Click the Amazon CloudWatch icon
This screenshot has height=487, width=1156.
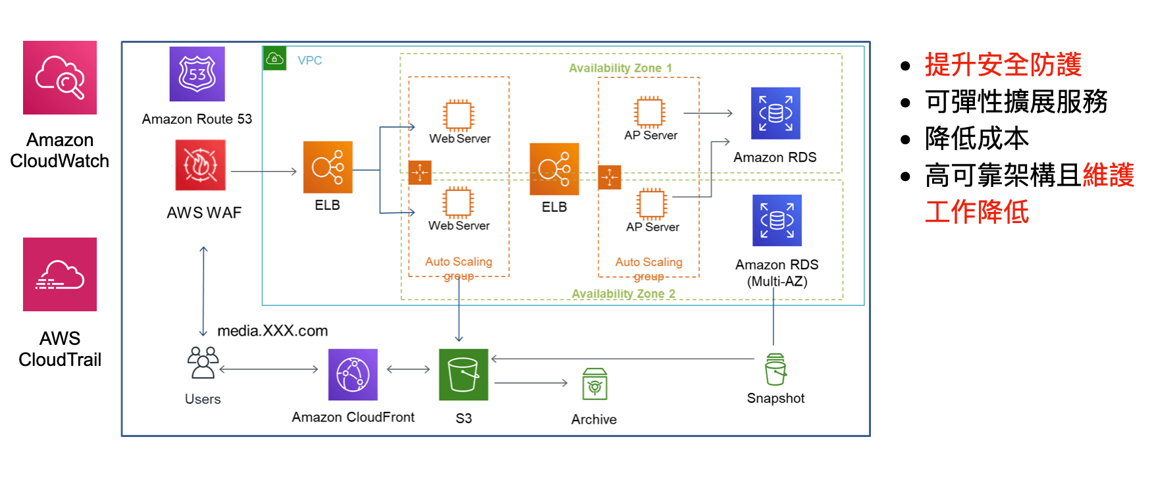[60, 78]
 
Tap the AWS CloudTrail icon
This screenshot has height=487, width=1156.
[60, 274]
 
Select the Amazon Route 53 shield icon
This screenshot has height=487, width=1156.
[197, 74]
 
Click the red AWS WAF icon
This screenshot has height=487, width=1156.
[200, 165]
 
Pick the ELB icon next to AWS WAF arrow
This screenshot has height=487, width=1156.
[327, 167]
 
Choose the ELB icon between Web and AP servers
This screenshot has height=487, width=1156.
[554, 169]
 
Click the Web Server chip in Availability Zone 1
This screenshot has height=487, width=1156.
[459, 115]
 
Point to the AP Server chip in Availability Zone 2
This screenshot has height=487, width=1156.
[652, 203]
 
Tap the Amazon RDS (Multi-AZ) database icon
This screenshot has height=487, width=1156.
[777, 220]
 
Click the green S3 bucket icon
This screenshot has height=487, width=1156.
[463, 374]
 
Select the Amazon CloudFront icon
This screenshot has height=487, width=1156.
[353, 374]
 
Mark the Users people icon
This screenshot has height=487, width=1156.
[203, 363]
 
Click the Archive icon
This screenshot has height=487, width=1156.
[594, 384]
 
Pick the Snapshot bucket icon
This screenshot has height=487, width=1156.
[775, 369]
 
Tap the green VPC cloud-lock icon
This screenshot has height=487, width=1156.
[275, 59]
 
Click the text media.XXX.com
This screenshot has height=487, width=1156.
[273, 331]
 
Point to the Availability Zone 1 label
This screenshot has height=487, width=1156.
[620, 68]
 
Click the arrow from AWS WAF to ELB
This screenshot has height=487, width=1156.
[263, 171]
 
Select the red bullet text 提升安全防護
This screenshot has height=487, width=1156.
[1003, 64]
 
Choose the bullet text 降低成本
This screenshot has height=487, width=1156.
[976, 138]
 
